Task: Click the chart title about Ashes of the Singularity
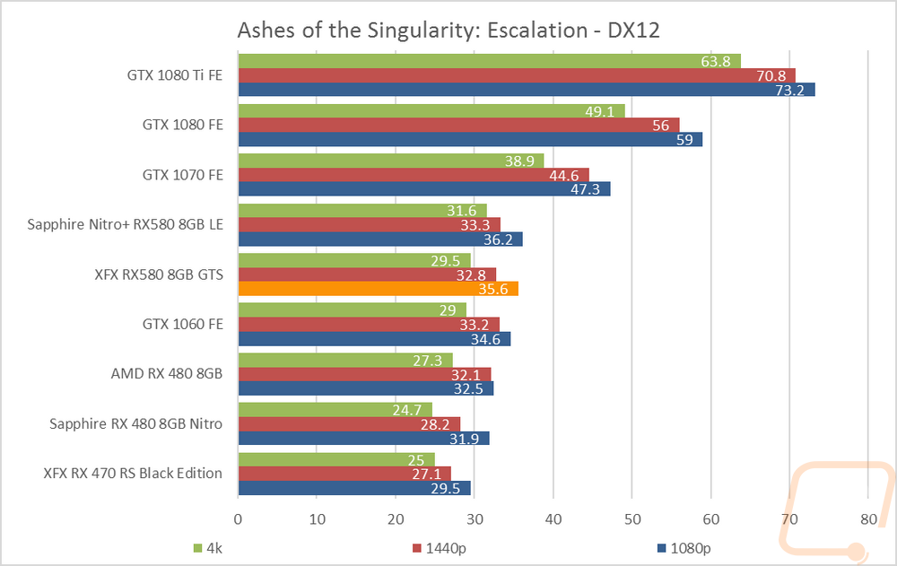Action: tap(448, 30)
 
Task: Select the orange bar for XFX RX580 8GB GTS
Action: tap(378, 289)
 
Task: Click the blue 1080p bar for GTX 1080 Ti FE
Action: tap(526, 90)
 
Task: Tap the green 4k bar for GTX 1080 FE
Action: tap(431, 111)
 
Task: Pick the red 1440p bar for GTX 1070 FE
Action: tap(413, 175)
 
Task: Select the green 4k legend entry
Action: tap(207, 547)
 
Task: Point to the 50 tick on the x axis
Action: tap(631, 518)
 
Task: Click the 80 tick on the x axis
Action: tap(867, 518)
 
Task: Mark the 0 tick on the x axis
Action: tap(238, 518)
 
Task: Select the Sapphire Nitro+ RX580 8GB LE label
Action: tap(126, 224)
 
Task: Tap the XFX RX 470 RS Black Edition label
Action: tap(133, 474)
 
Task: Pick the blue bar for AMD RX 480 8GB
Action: tap(365, 388)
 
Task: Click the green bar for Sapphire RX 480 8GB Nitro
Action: tap(335, 410)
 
